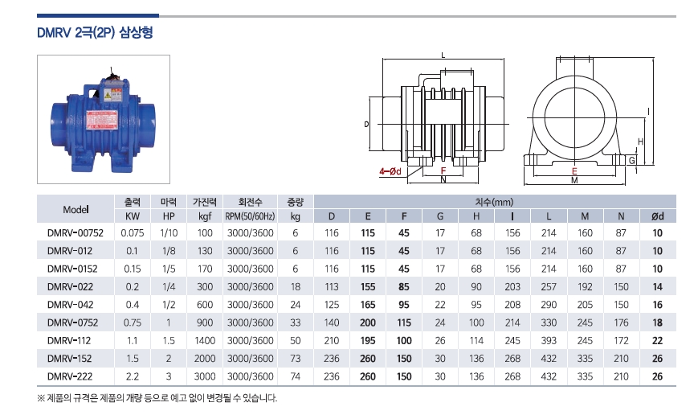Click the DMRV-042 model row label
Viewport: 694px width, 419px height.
(71, 305)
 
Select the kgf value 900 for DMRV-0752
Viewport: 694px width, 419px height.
(205, 322)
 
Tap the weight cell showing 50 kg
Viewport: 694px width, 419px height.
(296, 341)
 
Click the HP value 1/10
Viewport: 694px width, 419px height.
(169, 233)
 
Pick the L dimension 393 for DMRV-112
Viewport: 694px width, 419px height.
(549, 341)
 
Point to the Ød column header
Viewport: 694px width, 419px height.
(657, 216)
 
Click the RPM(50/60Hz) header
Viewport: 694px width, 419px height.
(250, 216)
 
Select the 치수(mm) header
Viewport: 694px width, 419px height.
(494, 202)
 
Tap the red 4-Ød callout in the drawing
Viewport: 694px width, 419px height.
(390, 171)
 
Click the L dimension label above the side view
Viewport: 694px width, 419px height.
(443, 55)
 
